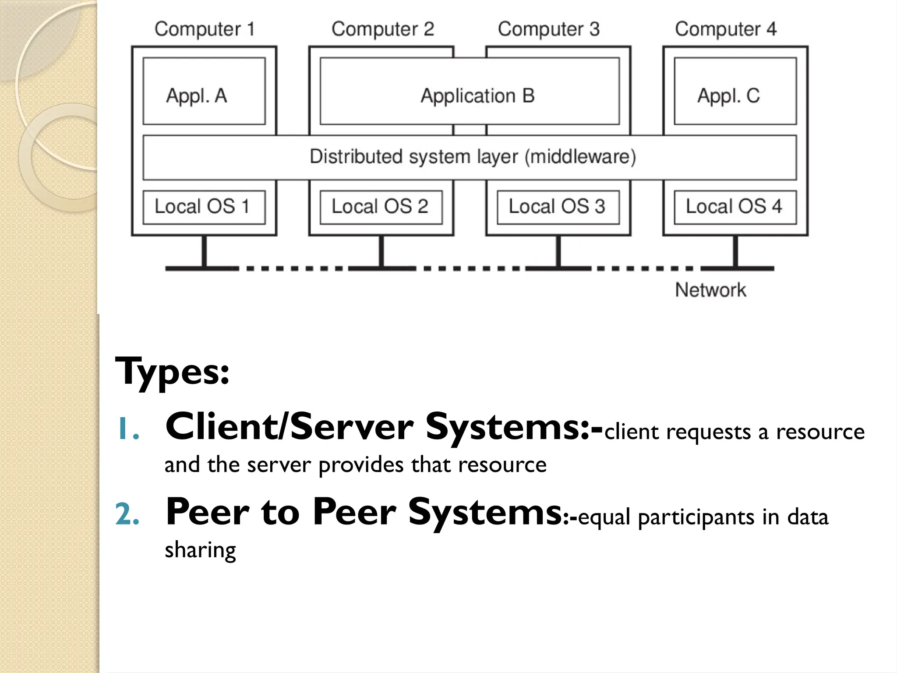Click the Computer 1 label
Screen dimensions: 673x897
(x=205, y=29)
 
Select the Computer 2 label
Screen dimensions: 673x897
(x=382, y=29)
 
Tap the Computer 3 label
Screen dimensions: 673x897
(x=548, y=29)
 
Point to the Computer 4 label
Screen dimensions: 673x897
(x=725, y=29)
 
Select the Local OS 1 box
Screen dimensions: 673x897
(x=204, y=207)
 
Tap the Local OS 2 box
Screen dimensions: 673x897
(x=381, y=207)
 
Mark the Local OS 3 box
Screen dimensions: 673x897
(x=558, y=207)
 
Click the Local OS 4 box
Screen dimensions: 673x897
(x=735, y=207)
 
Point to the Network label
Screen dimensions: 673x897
(x=710, y=290)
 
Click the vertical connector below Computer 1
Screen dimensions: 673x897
(x=204, y=251)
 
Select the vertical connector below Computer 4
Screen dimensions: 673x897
(x=735, y=251)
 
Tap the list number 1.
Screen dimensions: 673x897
(x=127, y=429)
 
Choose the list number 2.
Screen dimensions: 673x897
(x=127, y=514)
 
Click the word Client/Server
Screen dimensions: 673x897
(x=289, y=427)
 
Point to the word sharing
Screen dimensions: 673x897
(x=200, y=550)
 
